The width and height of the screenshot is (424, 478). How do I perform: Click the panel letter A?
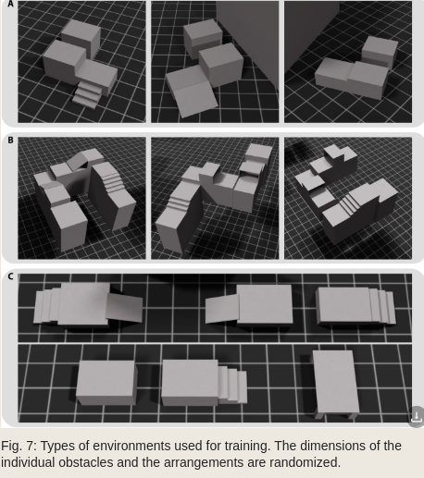[10, 4]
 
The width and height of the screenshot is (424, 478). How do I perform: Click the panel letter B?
[10, 141]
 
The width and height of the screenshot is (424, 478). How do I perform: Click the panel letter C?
[10, 276]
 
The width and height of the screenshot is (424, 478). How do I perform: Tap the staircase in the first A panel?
[87, 94]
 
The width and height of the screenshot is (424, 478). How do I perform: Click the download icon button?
[417, 417]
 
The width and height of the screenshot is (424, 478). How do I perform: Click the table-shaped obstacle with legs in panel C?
[335, 384]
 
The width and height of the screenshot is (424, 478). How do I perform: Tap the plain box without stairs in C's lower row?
[106, 383]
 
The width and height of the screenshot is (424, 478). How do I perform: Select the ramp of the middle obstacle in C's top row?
[222, 309]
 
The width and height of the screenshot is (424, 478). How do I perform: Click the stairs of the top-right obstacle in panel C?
[382, 306]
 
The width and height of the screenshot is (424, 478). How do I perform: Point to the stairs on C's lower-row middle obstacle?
[232, 385]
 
